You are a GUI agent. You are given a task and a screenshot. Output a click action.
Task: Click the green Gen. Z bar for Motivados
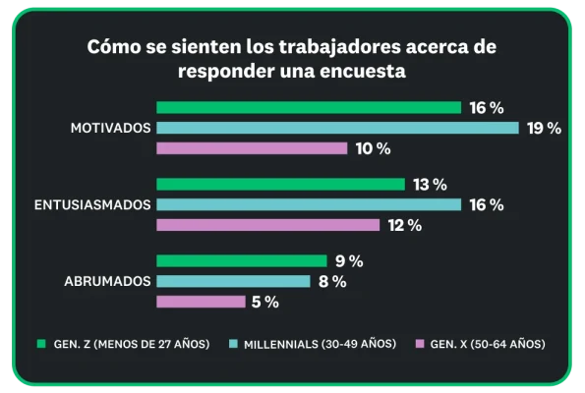[x=309, y=107]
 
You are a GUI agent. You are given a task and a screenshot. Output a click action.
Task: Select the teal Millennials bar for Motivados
[x=337, y=128]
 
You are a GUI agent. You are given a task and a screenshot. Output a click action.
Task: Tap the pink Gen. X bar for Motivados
[x=252, y=148]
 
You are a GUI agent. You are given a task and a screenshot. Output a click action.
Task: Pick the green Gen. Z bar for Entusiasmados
[x=280, y=185]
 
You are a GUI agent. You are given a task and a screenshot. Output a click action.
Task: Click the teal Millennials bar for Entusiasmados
[x=309, y=204]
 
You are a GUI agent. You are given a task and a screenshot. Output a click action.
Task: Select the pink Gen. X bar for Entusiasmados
[x=267, y=225]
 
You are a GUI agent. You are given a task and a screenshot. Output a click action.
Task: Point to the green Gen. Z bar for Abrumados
[x=241, y=261]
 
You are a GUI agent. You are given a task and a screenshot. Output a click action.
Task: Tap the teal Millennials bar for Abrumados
[x=233, y=281]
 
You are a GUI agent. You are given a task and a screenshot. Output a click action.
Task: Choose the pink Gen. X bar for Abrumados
[x=201, y=302]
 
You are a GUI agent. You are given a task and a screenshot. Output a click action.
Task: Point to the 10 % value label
[x=373, y=148]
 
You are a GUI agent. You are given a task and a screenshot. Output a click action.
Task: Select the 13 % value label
[x=430, y=185]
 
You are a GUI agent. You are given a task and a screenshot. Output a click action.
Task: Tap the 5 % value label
[x=264, y=302]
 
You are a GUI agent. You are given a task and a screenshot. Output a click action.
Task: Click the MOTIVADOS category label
[x=110, y=128]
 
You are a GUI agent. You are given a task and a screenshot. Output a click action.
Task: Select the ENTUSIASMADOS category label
[x=91, y=204]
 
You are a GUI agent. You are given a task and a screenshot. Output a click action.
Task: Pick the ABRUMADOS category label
[x=107, y=281]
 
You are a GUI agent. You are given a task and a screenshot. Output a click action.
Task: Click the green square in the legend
[x=41, y=344]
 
